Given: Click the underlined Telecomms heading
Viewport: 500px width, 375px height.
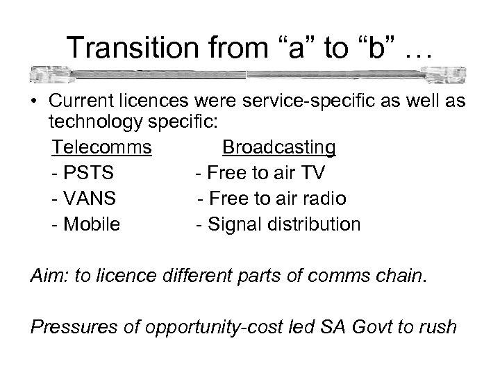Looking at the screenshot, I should (102, 148).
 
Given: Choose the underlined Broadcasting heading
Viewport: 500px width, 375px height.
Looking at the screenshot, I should (278, 148).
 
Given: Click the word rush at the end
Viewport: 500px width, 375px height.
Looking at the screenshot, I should (435, 326).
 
